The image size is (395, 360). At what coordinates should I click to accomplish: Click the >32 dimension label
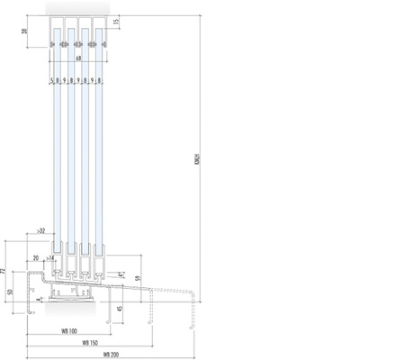(42, 231)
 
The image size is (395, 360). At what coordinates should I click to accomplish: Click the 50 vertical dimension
(11, 292)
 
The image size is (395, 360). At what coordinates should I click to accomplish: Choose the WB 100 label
(67, 330)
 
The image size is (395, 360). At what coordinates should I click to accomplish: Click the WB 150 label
(89, 342)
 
